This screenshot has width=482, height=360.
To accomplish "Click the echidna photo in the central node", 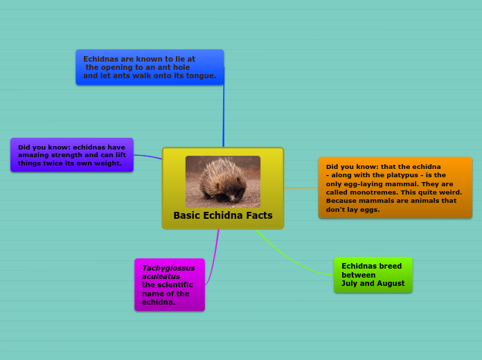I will (x=222, y=181).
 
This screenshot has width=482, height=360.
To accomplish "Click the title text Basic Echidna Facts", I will (x=222, y=215).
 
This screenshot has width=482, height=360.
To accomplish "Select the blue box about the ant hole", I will (x=150, y=67).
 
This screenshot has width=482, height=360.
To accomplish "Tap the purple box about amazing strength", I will (x=71, y=155).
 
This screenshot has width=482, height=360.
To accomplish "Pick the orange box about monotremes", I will (x=395, y=188).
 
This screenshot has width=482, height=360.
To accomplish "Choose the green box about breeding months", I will (x=373, y=275).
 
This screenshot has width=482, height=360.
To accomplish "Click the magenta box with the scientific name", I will (x=169, y=285).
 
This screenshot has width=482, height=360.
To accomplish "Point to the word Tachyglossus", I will (x=168, y=268).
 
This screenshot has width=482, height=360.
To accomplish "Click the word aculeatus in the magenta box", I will (x=161, y=276).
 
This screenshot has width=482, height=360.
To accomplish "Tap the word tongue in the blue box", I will (x=201, y=75).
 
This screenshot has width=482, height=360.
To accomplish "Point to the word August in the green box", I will (x=391, y=283).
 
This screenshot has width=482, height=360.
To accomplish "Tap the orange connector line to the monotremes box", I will (x=301, y=187).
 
